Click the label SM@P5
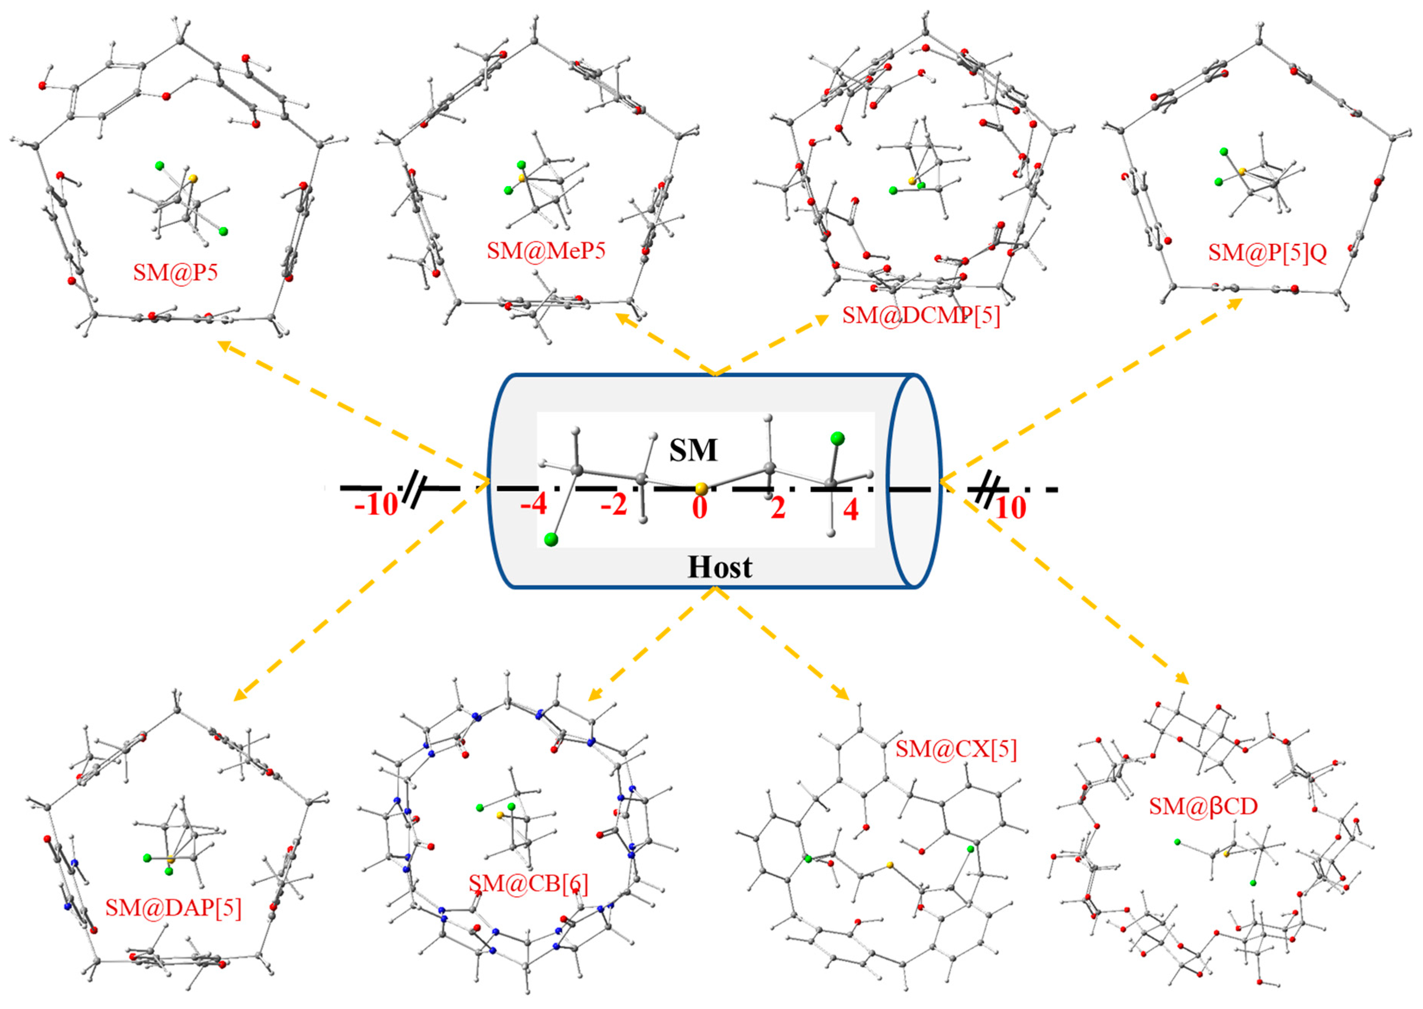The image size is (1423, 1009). (x=175, y=272)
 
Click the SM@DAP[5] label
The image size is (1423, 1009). (x=173, y=908)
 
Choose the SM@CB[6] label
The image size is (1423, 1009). (x=528, y=883)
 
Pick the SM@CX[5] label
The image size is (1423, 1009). (x=956, y=749)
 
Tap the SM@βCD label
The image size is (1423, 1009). (x=1203, y=807)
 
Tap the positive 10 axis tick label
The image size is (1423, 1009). (x=1010, y=508)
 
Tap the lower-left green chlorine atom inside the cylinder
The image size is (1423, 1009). (x=551, y=539)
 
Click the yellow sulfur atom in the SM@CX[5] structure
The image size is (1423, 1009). (x=890, y=864)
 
